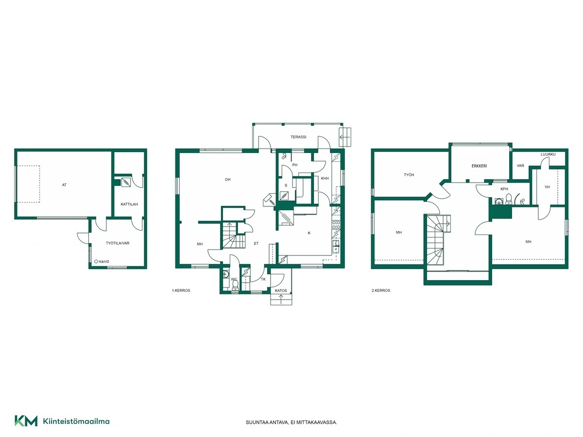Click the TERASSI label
[298, 137]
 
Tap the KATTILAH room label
[129, 204]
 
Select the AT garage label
[64, 185]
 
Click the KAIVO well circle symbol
[96, 262]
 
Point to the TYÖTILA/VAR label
[118, 243]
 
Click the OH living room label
[228, 180]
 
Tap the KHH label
[325, 178]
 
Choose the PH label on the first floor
[295, 165]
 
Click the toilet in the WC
[235, 285]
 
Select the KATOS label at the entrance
[281, 290]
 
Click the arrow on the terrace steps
[345, 137]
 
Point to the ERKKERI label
[479, 166]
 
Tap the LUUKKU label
[548, 154]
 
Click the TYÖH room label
[409, 175]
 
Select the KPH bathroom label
[504, 189]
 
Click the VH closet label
[547, 187]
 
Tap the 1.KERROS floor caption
[181, 290]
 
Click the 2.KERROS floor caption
[381, 290]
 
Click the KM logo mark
[26, 421]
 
